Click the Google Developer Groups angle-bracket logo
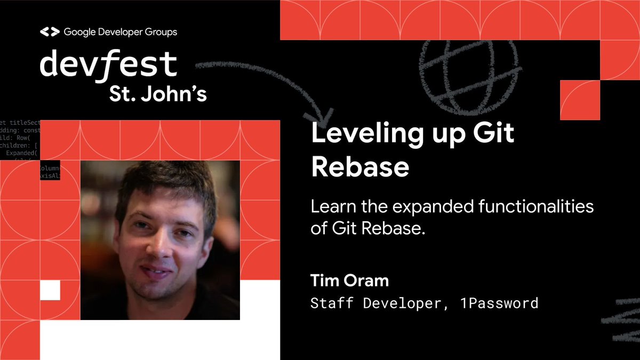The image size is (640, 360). (50, 32)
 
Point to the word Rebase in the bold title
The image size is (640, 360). (360, 167)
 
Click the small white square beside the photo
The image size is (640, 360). (50, 290)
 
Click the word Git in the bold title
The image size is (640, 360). (493, 133)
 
